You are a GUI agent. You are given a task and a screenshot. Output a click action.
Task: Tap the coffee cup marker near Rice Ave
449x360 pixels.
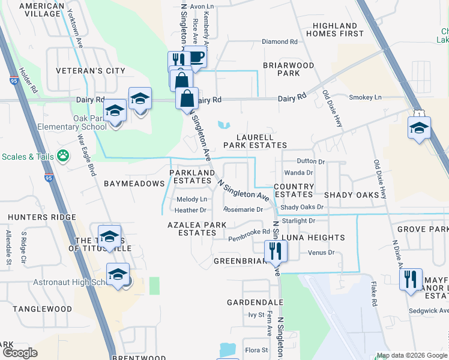(x=196, y=57)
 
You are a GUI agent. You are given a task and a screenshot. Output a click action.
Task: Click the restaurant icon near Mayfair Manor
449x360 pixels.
(x=411, y=280)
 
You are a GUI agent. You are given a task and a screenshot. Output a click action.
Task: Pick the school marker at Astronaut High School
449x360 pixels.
(x=118, y=275)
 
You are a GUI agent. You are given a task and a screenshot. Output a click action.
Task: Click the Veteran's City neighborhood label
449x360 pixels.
(x=91, y=71)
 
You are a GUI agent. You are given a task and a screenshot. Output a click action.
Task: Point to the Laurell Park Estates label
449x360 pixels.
(x=255, y=141)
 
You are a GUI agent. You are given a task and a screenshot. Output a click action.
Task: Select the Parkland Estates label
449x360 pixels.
(x=191, y=176)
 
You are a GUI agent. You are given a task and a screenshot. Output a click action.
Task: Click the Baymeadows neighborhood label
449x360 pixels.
(x=134, y=183)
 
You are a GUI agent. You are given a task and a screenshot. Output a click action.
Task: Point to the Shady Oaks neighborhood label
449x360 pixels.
(x=352, y=195)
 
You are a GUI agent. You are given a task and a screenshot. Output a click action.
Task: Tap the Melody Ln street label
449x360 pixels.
(x=191, y=199)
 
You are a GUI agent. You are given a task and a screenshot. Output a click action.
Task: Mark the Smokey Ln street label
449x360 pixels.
(x=365, y=97)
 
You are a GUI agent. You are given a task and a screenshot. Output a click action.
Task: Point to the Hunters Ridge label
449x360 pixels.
(x=35, y=217)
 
